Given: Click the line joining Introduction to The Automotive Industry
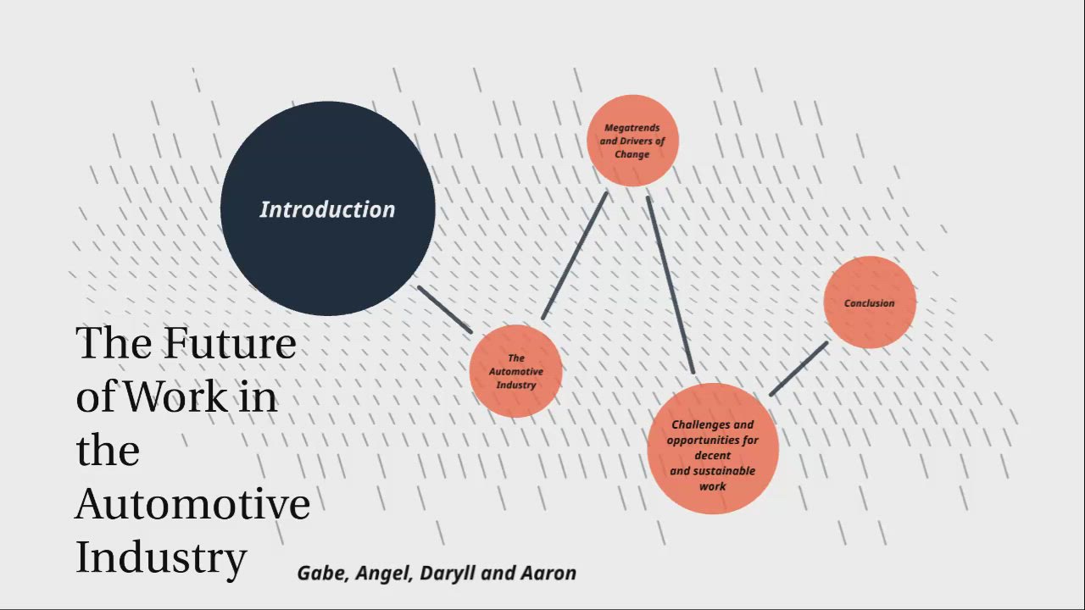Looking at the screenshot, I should pyautogui.click(x=444, y=309).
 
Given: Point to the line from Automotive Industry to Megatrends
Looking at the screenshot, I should pyautogui.click(x=575, y=255).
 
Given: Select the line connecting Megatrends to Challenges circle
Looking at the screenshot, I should pyautogui.click(x=670, y=285).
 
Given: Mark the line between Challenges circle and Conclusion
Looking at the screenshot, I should pyautogui.click(x=798, y=369).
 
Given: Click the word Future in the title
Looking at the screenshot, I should pyautogui.click(x=230, y=343).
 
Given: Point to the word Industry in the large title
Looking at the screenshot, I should pyautogui.click(x=161, y=557).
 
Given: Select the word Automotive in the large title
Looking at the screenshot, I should pyautogui.click(x=192, y=504).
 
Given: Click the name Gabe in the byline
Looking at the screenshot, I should pyautogui.click(x=322, y=574).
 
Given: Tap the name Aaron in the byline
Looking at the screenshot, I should pyautogui.click(x=548, y=574).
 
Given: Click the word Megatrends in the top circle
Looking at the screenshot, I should pyautogui.click(x=632, y=128).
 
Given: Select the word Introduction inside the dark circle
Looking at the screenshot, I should pyautogui.click(x=327, y=210).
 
